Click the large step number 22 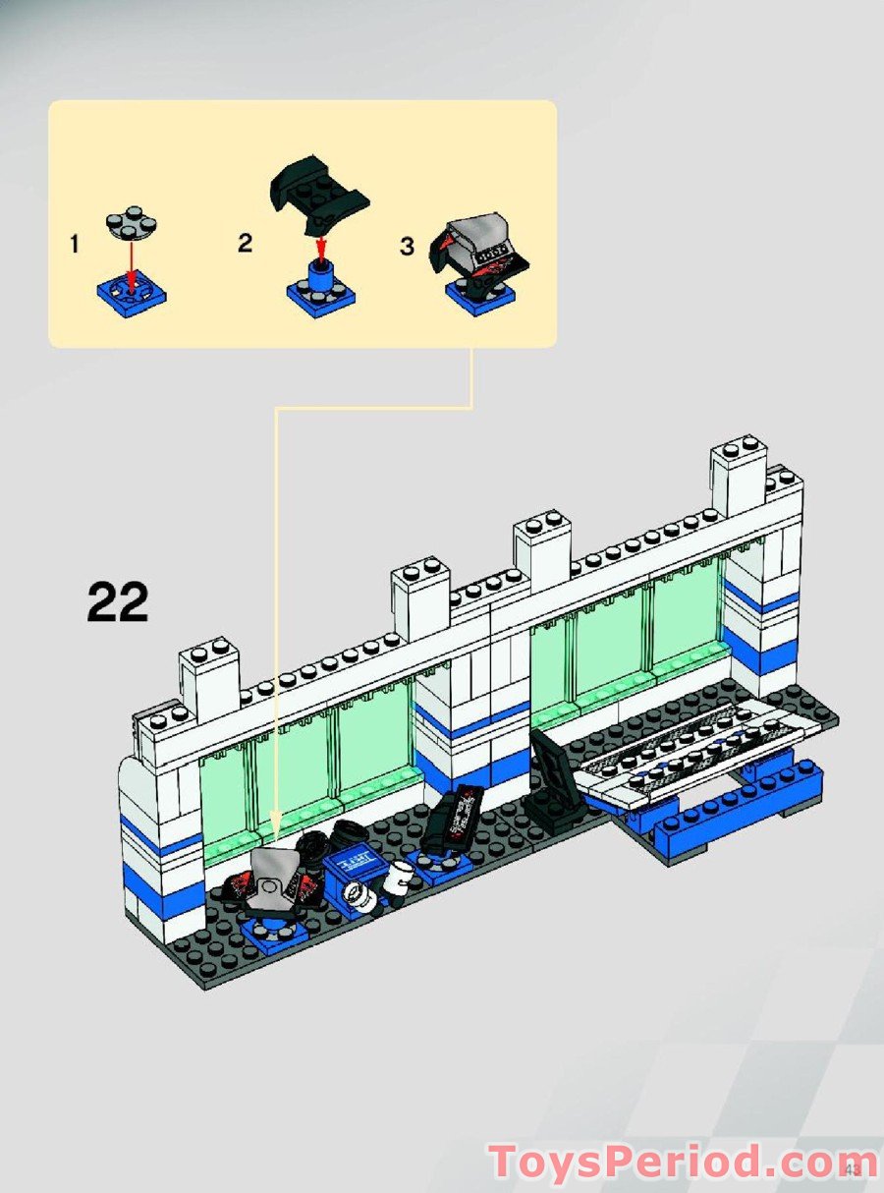click(x=118, y=601)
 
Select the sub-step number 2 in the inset click(x=246, y=243)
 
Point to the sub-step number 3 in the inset click(x=407, y=246)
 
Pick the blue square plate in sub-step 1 click(x=131, y=291)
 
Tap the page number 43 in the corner click(x=852, y=1169)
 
